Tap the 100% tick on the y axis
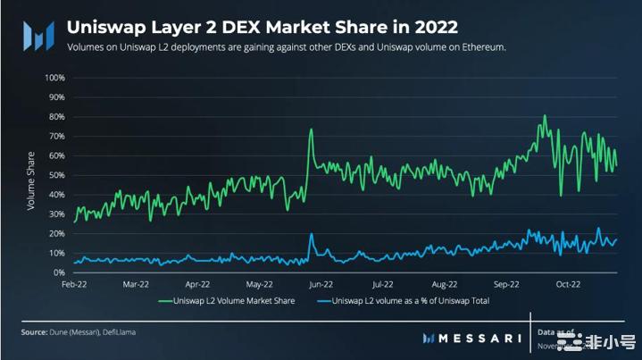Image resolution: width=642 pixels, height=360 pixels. [x=54, y=78]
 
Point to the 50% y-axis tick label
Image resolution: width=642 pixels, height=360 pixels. [x=56, y=175]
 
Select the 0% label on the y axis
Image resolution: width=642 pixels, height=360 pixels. [x=59, y=272]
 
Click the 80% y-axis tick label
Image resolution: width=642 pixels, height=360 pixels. [x=56, y=117]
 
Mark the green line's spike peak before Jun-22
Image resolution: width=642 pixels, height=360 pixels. [x=311, y=130]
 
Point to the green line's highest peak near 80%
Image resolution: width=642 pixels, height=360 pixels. [x=544, y=115]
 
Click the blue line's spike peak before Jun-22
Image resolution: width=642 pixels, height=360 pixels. [x=312, y=234]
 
